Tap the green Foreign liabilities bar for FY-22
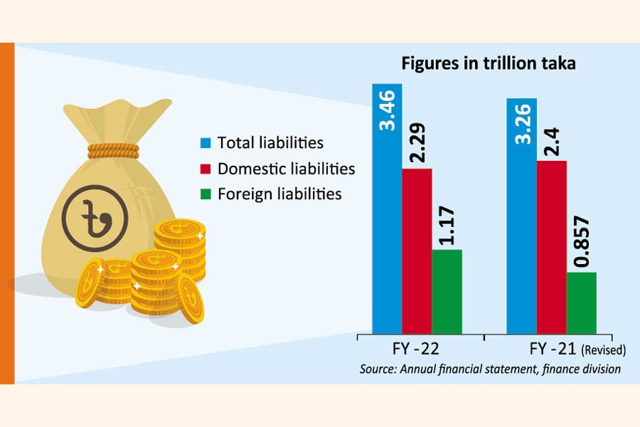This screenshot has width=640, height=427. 447,292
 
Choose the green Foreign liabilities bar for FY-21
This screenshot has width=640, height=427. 581,302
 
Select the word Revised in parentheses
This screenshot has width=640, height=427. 604,350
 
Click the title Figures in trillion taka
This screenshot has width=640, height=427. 488,63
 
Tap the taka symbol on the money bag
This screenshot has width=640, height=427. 94,216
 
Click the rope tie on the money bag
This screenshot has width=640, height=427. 114,149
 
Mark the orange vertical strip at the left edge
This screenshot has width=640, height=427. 7,213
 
